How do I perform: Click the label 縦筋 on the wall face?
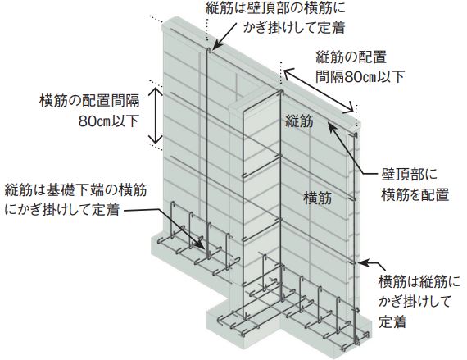click(299, 121)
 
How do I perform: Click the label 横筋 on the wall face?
click(318, 198)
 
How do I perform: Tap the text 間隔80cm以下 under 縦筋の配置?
click(360, 77)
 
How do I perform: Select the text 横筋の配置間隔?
click(89, 100)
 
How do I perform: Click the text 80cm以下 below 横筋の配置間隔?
click(109, 121)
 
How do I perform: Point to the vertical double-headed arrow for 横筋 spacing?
click(156, 115)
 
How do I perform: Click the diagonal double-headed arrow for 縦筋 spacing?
click(319, 91)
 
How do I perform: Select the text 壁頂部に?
click(409, 174)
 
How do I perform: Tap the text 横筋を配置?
click(415, 194)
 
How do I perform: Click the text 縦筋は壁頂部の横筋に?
click(275, 8)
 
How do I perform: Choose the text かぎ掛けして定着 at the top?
click(294, 29)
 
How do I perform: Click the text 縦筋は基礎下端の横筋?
click(75, 189)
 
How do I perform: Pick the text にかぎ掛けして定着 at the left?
click(62, 210)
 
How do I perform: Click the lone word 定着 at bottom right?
click(392, 321)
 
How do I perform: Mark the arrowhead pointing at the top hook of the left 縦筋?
click(217, 45)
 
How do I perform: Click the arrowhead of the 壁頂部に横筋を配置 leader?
click(332, 125)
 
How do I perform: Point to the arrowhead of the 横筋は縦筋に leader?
click(362, 263)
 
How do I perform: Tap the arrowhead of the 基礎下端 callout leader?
click(201, 244)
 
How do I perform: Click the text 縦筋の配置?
click(351, 57)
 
